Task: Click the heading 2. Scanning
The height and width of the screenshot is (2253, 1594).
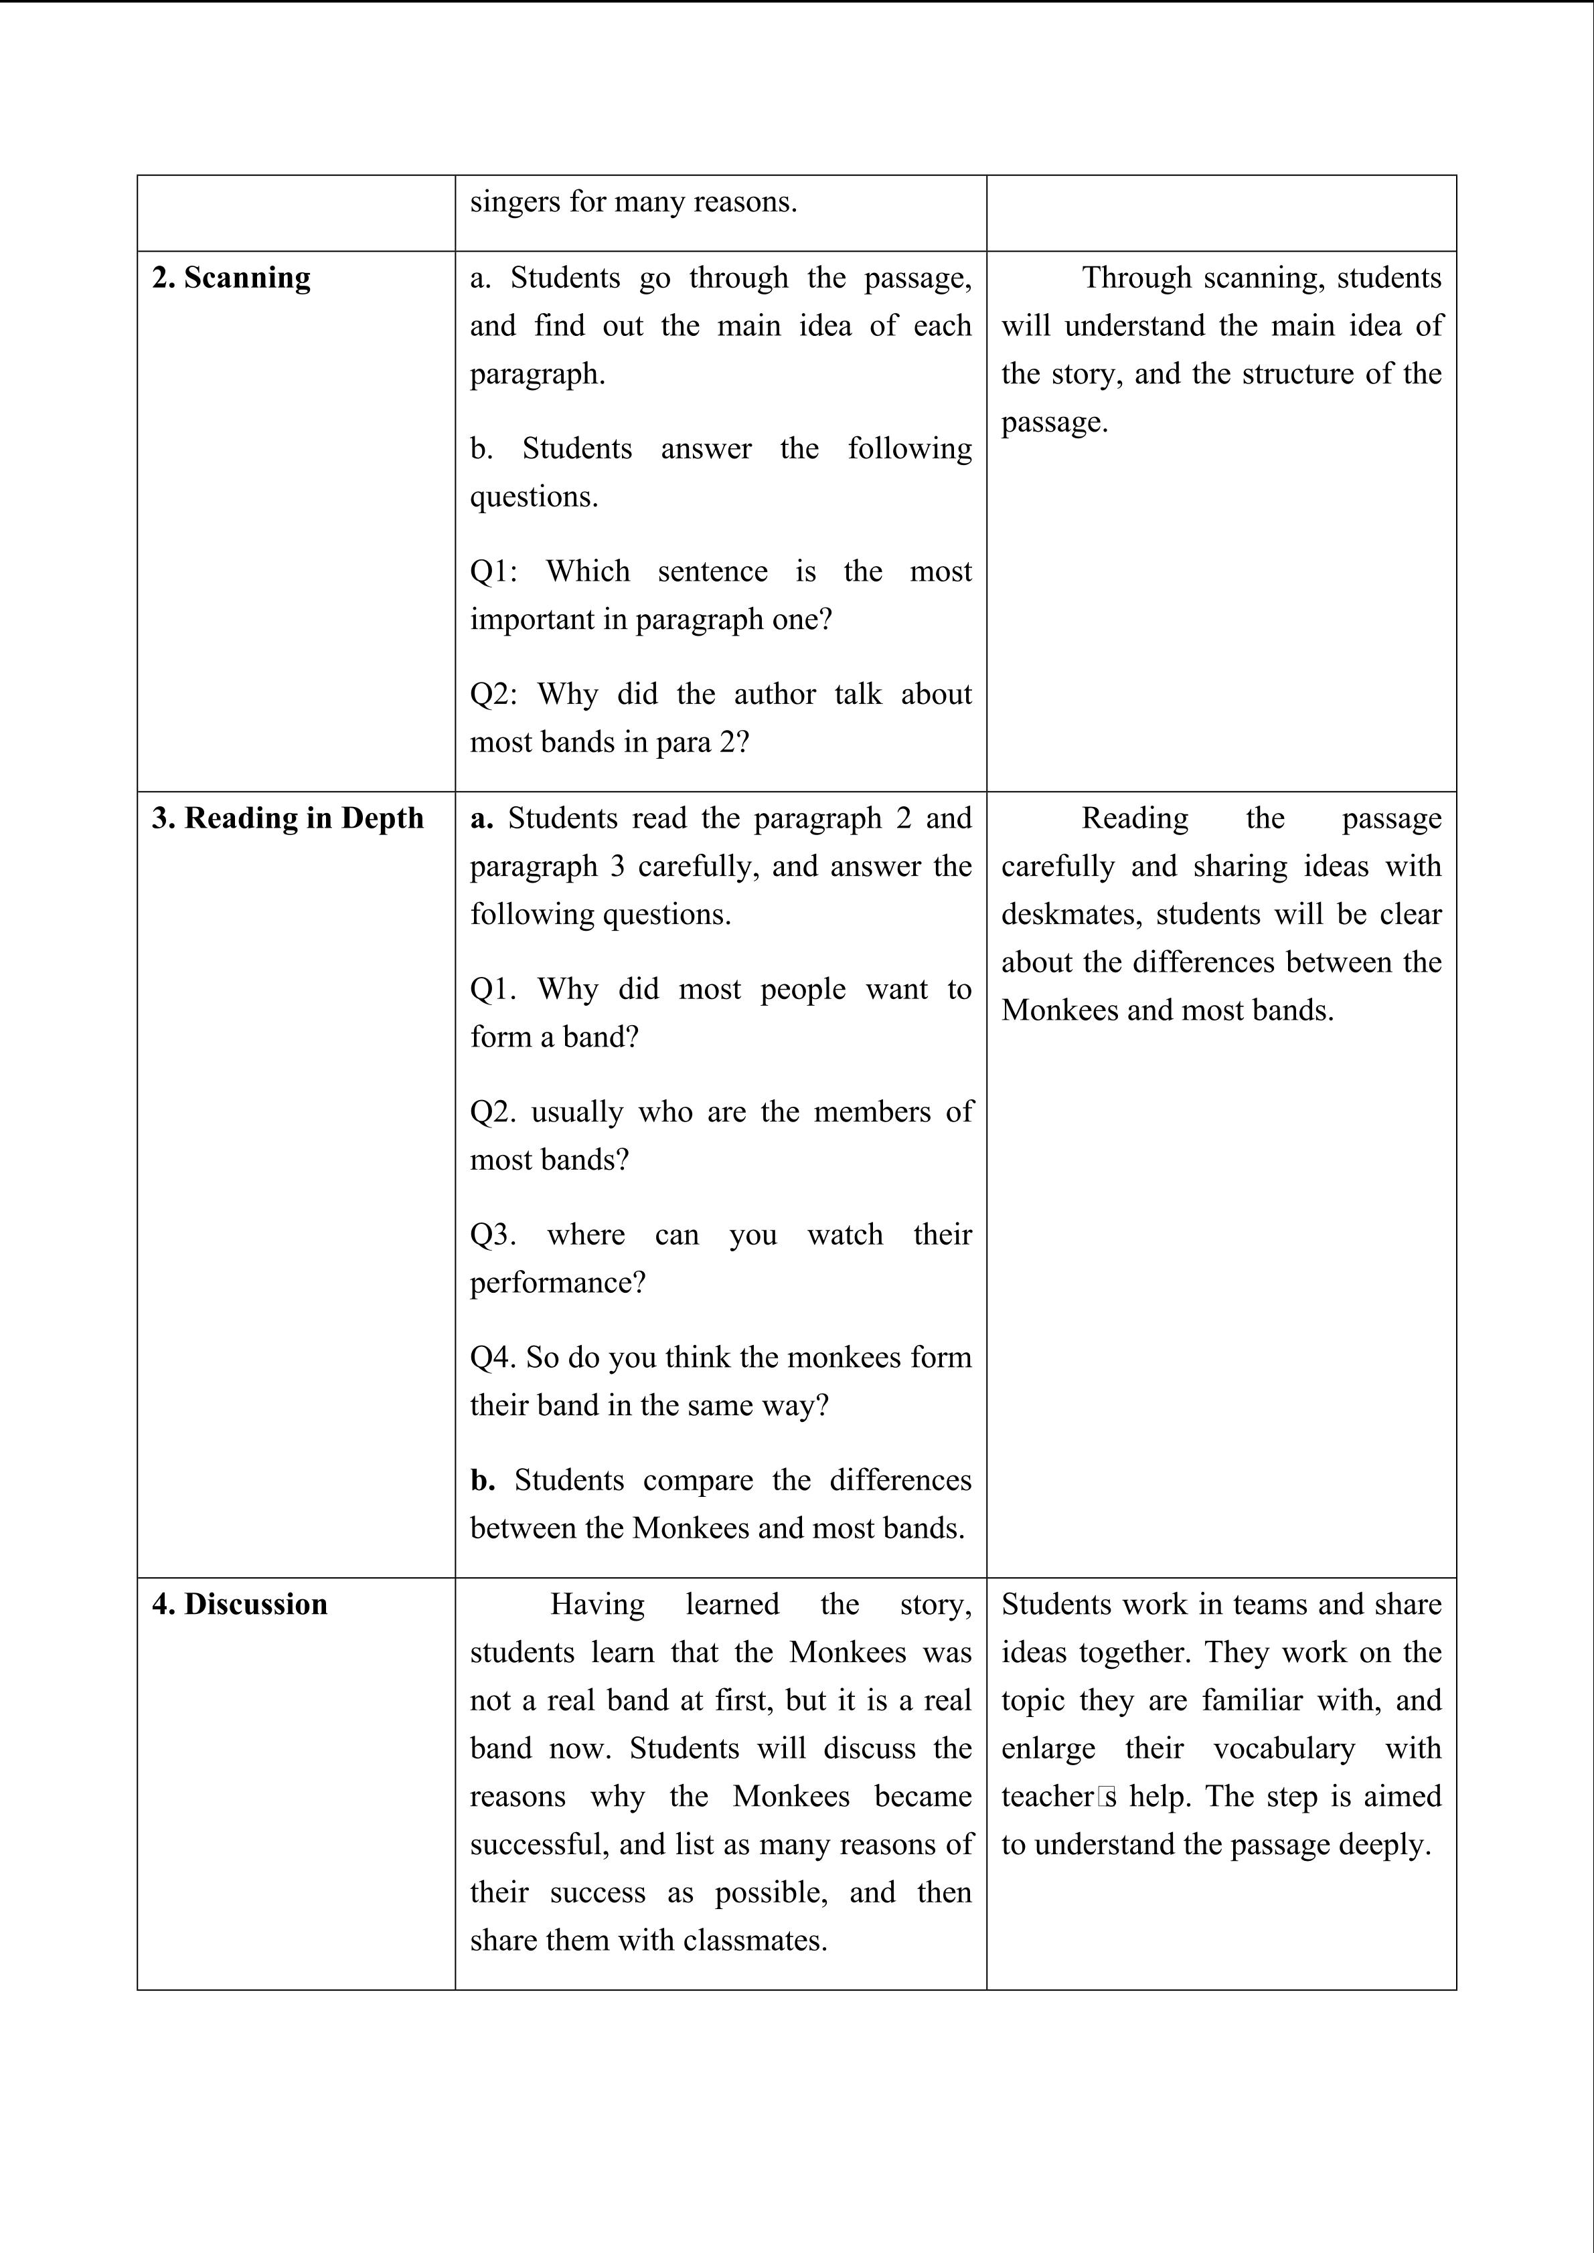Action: [x=231, y=278]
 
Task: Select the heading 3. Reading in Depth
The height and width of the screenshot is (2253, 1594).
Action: [x=288, y=818]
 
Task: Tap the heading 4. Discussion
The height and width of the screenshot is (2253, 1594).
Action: [x=240, y=1605]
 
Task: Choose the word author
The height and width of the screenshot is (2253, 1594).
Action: [x=775, y=695]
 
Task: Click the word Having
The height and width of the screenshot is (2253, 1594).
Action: [x=596, y=1605]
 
